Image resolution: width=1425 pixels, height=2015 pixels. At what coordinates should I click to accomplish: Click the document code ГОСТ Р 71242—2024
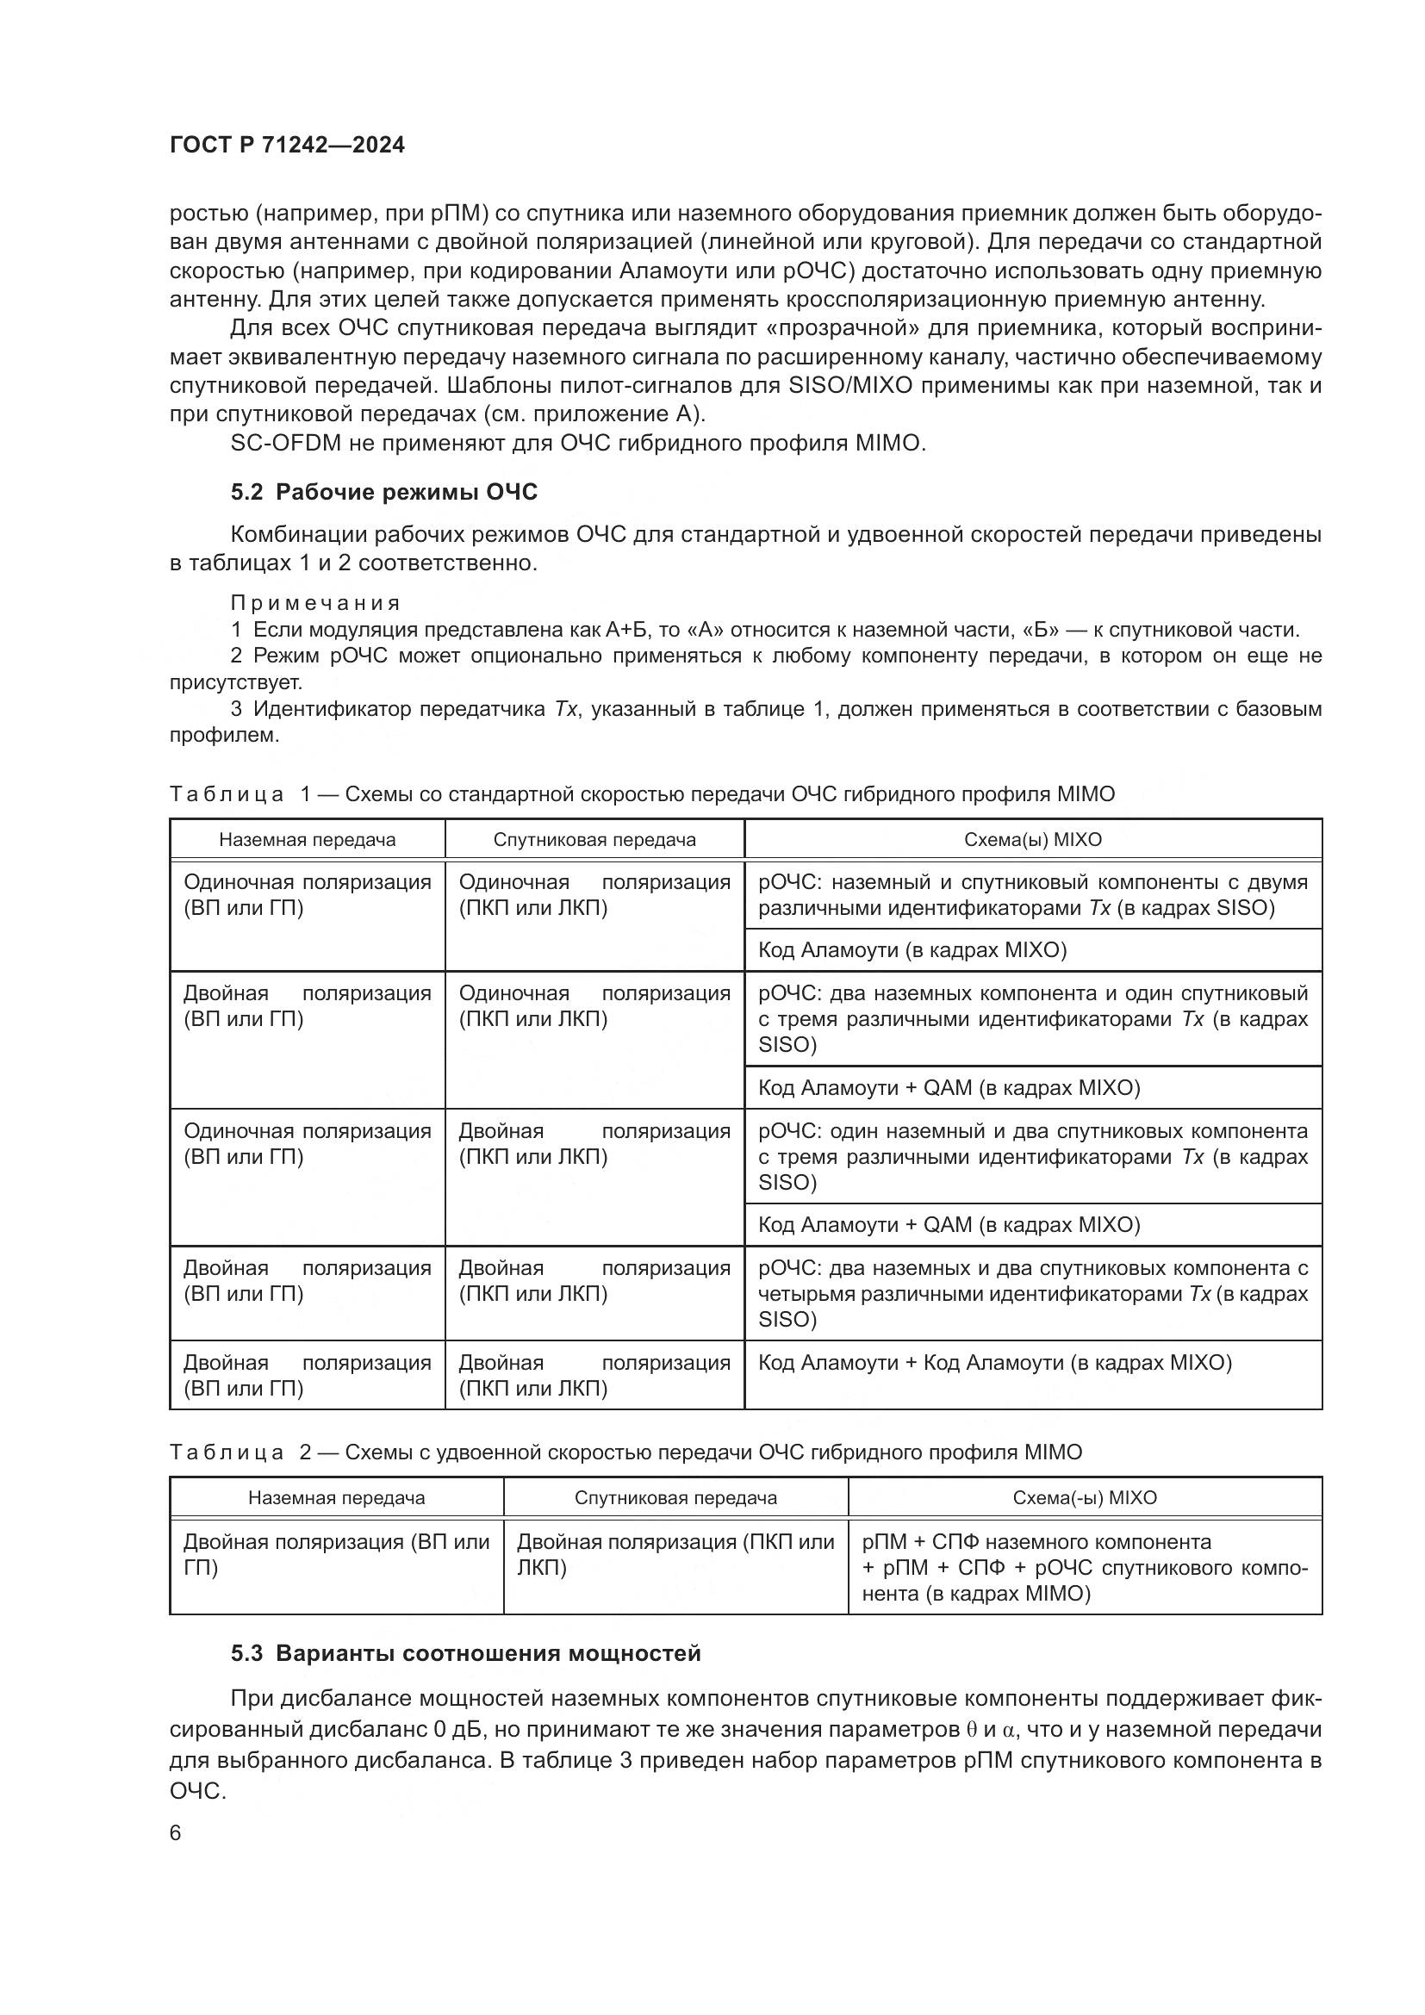[x=287, y=146]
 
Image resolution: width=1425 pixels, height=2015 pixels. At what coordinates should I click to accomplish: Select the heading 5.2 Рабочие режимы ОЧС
[x=383, y=493]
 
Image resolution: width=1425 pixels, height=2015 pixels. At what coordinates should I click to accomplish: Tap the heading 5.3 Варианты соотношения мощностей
[x=465, y=1653]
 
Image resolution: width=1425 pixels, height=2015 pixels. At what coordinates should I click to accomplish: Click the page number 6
[x=176, y=1833]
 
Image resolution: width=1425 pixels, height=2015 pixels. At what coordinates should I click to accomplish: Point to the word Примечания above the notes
[x=315, y=603]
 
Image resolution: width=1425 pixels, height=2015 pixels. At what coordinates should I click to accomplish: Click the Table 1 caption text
[x=642, y=794]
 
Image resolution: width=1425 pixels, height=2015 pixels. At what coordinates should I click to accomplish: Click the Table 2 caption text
[x=625, y=1452]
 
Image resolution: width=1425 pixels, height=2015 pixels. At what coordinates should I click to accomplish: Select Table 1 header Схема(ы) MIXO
[x=1033, y=840]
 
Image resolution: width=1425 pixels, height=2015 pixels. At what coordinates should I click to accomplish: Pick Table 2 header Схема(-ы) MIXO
[x=1085, y=1498]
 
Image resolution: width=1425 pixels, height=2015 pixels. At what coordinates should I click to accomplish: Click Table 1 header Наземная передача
[x=307, y=840]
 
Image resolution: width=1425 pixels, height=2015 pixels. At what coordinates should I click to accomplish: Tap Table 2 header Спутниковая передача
[x=675, y=1498]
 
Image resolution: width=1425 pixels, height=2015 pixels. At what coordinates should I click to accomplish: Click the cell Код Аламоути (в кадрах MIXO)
[x=912, y=950]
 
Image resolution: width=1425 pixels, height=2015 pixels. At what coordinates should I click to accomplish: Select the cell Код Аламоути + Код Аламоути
[x=995, y=1363]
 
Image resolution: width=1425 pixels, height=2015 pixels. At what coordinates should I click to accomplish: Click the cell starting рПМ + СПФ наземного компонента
[x=1036, y=1542]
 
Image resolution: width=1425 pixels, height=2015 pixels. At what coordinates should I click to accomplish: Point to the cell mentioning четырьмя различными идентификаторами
[x=1033, y=1294]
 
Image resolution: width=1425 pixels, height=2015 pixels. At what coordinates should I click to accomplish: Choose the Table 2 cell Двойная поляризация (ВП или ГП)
[x=336, y=1554]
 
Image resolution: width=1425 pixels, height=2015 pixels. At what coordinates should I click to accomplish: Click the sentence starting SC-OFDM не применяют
[x=578, y=443]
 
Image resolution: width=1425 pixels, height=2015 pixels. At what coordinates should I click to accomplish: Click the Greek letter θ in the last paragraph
[x=971, y=1731]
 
